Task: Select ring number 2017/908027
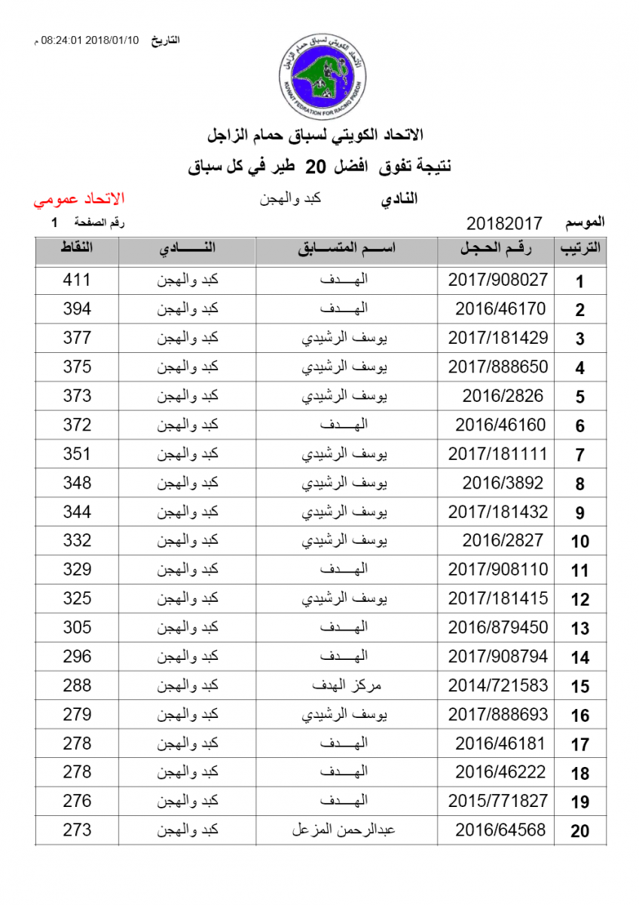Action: (498, 280)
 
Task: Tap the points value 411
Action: (77, 280)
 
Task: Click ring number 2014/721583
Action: (498, 686)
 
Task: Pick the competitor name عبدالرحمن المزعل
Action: (344, 830)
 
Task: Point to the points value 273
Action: (77, 830)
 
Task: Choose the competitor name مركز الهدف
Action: (347, 686)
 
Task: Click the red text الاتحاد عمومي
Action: (78, 200)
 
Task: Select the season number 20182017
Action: (505, 224)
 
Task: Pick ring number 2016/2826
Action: (503, 396)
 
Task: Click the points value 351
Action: (77, 454)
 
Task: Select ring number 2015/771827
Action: (498, 801)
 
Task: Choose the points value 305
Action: (77, 627)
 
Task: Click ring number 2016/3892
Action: (503, 483)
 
